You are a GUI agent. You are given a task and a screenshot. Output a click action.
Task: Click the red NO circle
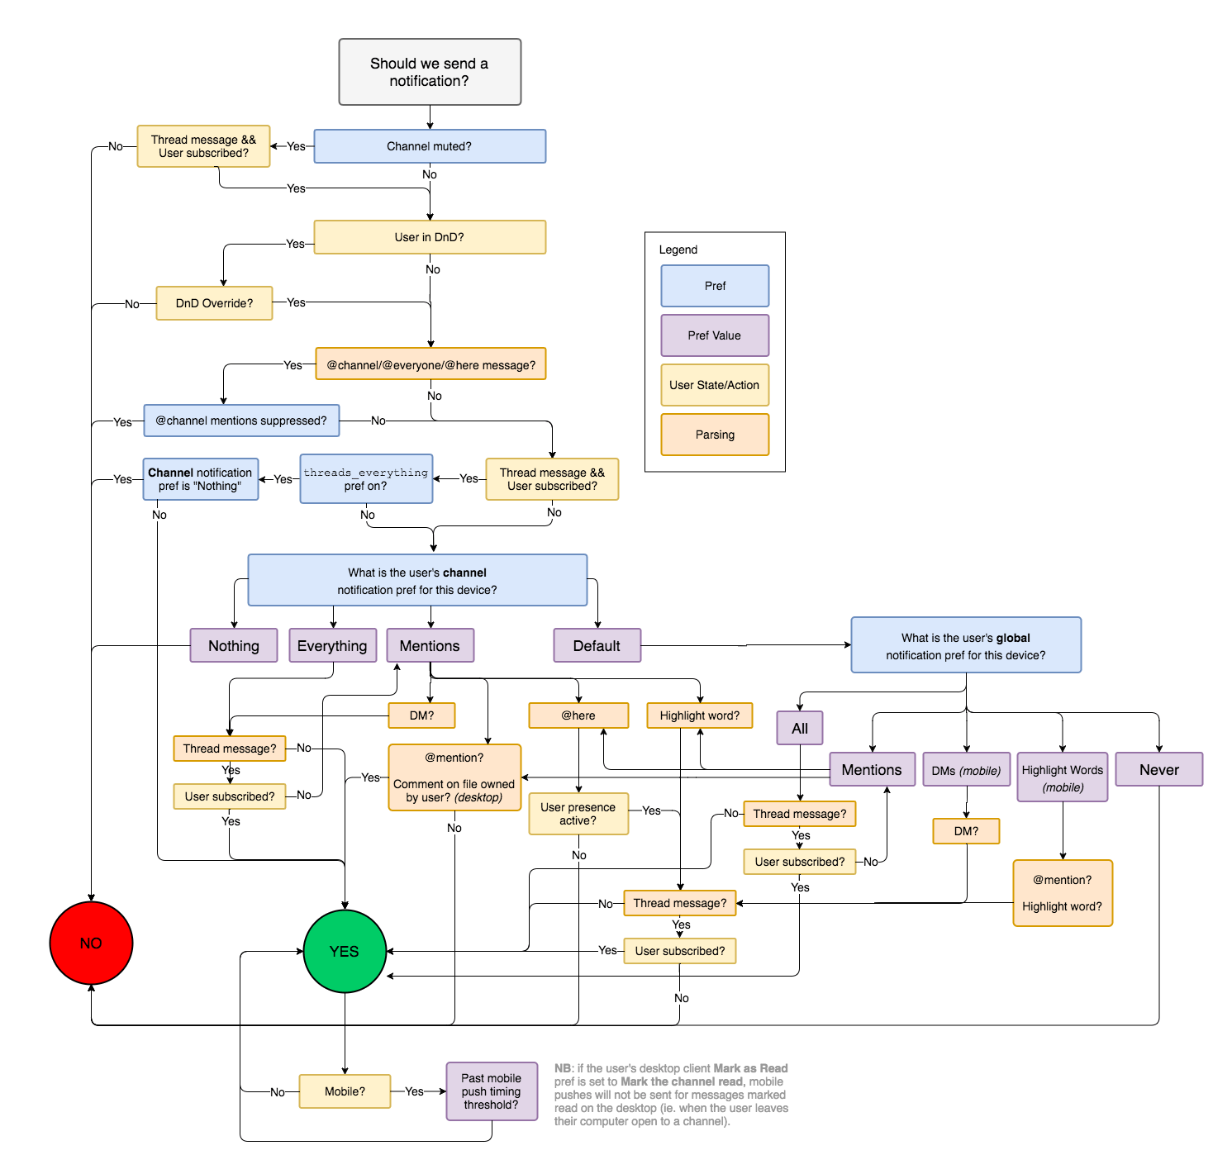tap(91, 943)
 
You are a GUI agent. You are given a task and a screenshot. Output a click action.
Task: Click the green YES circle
tap(345, 951)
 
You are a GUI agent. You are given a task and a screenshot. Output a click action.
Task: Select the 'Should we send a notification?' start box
tap(430, 72)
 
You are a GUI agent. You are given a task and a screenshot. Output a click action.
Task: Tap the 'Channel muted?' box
tap(430, 146)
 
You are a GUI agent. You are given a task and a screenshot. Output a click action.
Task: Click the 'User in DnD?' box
tap(430, 237)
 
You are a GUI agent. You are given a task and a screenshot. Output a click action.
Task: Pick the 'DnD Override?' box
tap(214, 303)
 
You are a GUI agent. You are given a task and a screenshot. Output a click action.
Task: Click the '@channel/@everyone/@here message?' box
tap(430, 364)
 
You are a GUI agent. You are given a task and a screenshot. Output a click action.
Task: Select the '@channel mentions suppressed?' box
tap(241, 421)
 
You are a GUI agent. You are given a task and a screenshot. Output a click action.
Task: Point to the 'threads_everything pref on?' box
tap(366, 479)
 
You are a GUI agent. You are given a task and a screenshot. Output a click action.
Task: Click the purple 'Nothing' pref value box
tap(233, 645)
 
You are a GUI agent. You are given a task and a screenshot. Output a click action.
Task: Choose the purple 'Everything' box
tap(332, 645)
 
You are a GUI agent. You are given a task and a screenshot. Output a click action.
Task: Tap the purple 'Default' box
tap(597, 645)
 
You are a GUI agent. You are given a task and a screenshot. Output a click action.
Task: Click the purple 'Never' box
tap(1158, 769)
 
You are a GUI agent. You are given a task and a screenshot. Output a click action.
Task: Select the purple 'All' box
tap(799, 728)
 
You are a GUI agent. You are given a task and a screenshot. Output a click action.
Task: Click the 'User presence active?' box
tap(578, 814)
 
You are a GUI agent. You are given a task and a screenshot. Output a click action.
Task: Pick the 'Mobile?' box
tap(345, 1091)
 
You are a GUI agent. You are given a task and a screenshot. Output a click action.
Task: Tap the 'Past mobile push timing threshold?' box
tap(492, 1091)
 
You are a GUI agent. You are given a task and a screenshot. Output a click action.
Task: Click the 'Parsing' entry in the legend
tap(715, 435)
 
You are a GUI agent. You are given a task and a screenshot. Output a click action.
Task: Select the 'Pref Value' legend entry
tap(715, 335)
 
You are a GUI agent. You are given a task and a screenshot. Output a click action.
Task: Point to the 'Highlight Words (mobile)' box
tap(1063, 777)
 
